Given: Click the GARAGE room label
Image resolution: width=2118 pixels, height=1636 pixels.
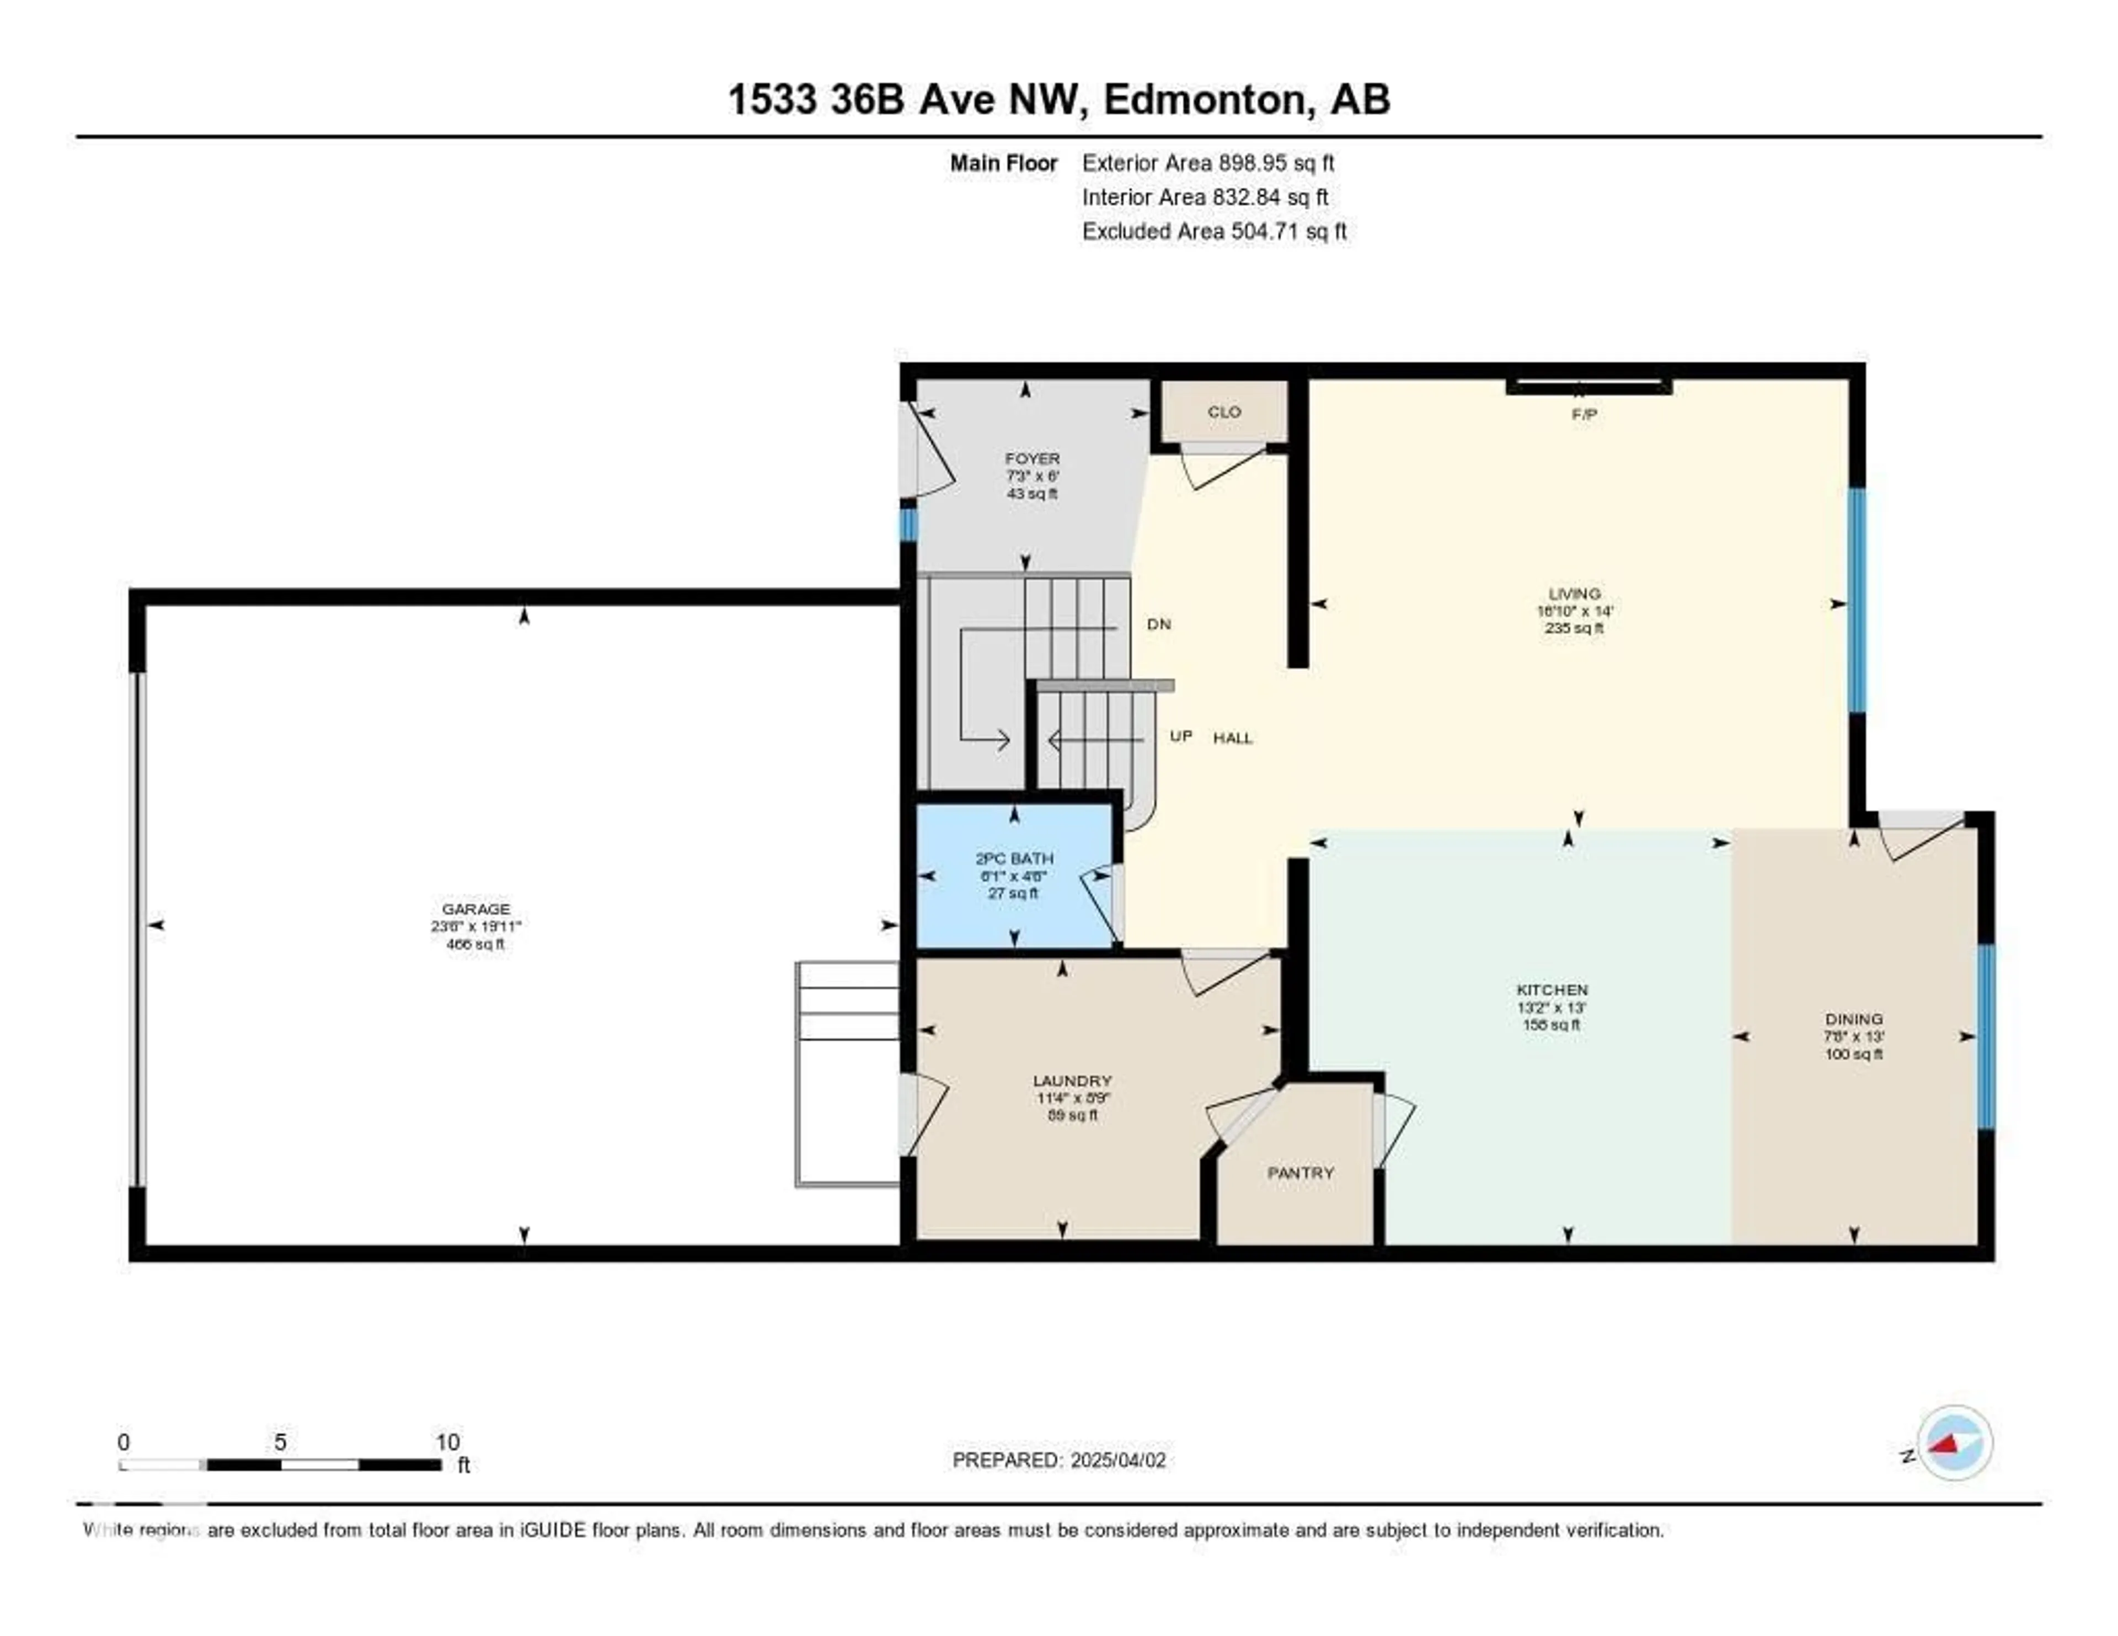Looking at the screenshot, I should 475,908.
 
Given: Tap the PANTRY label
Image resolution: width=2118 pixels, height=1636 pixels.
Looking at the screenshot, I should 1301,1173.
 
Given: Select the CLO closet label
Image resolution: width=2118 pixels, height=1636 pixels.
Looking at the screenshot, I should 1224,411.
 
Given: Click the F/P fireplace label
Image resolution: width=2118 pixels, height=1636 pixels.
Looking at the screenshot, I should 1584,414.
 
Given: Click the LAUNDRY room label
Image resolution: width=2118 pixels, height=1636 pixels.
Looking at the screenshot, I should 1072,1081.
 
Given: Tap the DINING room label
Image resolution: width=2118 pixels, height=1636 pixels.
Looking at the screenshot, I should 1853,1019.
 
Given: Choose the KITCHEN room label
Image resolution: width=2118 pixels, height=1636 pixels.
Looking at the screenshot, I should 1552,989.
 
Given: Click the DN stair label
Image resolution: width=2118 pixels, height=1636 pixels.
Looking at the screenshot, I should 1159,623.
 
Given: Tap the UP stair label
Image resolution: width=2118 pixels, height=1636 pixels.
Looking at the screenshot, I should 1180,736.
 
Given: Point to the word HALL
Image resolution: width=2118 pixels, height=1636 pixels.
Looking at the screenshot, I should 1233,738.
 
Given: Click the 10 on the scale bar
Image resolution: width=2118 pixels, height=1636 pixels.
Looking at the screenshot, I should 447,1442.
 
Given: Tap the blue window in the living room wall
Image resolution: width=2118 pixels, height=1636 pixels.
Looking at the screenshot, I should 1856,601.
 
